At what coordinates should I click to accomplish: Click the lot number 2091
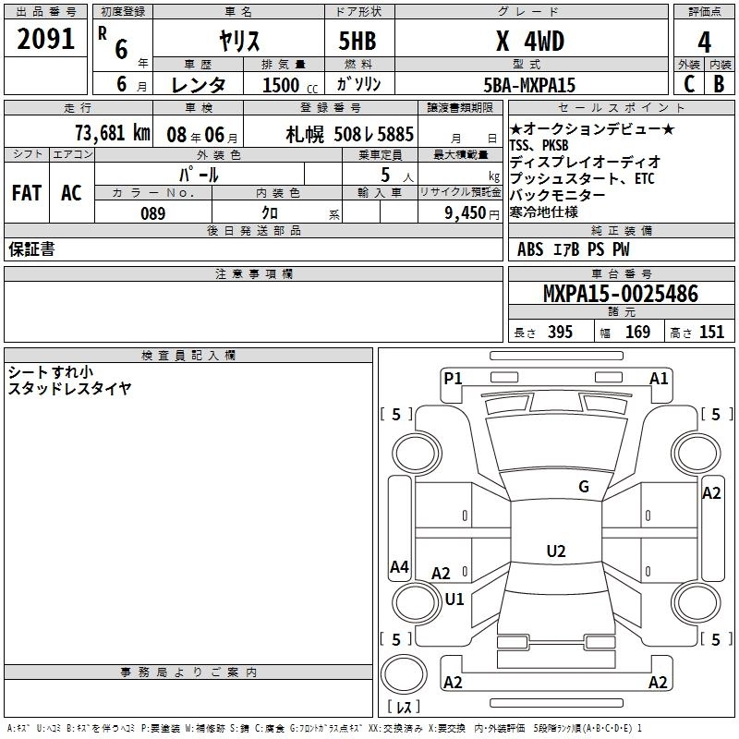(x=45, y=39)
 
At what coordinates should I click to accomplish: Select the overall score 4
(x=704, y=42)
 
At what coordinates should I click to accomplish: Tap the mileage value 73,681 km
(x=113, y=133)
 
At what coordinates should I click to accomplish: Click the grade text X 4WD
(x=530, y=41)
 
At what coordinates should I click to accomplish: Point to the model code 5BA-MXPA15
(x=529, y=85)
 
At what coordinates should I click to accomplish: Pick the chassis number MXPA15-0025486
(x=621, y=294)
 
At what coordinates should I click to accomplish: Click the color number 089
(x=152, y=213)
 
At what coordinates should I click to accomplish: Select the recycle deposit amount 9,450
(x=465, y=213)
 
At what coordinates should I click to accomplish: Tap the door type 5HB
(x=357, y=41)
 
